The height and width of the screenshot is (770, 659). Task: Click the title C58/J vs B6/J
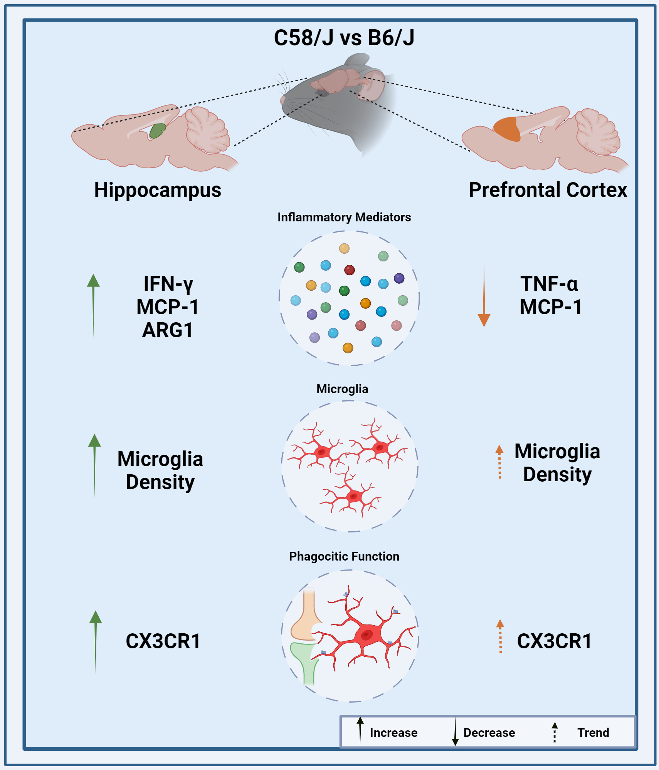pos(344,38)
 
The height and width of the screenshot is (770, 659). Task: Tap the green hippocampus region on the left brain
pos(157,131)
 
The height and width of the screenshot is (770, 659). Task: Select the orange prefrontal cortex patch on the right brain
pos(507,129)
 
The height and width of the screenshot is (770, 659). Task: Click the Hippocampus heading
pos(158,190)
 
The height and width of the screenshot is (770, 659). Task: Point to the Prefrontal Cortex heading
pos(548,190)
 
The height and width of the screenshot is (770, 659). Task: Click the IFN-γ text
pos(168,284)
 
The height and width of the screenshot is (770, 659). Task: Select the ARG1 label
pos(168,330)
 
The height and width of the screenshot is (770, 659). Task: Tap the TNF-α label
pos(549,284)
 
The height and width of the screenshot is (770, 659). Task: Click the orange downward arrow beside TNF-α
pos(484,296)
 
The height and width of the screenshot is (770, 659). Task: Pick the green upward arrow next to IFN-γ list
pos(93,304)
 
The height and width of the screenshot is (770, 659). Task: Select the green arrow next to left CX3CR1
pos(96,641)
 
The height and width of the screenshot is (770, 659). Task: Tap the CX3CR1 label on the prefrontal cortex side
pos(554,641)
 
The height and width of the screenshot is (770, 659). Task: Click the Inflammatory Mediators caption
pos(344,217)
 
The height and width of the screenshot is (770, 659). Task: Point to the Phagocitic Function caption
pos(344,556)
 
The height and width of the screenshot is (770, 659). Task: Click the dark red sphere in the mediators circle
pos(350,270)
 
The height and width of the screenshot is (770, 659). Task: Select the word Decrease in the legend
pos(489,733)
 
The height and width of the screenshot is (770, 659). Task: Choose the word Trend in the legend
pos(593,733)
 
